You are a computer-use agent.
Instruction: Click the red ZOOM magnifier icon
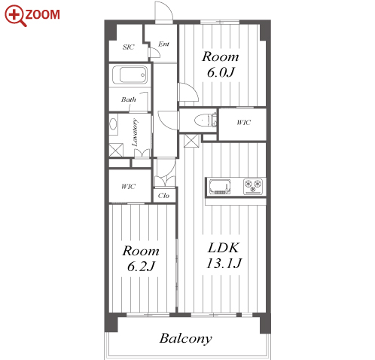click(15, 15)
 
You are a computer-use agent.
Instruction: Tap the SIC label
click(128, 47)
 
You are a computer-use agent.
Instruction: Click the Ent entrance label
click(163, 44)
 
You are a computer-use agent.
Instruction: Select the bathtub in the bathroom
click(130, 75)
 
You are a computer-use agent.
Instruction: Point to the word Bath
click(129, 99)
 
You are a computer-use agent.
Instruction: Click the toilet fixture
click(205, 120)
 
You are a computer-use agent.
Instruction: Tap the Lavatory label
click(135, 133)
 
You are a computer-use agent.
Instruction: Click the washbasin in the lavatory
click(114, 124)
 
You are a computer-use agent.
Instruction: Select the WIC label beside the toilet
click(243, 123)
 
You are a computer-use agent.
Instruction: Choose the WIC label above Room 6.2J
click(128, 186)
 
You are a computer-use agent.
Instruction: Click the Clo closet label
click(163, 195)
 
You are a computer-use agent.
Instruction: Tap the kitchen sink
click(220, 187)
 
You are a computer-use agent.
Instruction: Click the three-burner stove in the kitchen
click(253, 186)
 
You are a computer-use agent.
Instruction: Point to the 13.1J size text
click(224, 264)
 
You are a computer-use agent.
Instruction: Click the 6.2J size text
click(141, 266)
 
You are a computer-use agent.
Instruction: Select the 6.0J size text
click(221, 72)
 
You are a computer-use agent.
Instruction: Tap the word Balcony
click(186, 338)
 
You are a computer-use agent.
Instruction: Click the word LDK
click(224, 248)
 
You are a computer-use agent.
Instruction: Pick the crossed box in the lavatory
click(116, 150)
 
